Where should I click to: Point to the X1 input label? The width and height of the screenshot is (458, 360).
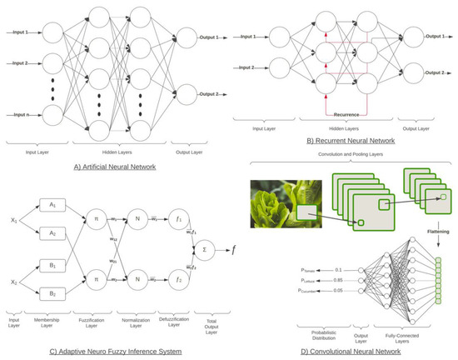[12, 220]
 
